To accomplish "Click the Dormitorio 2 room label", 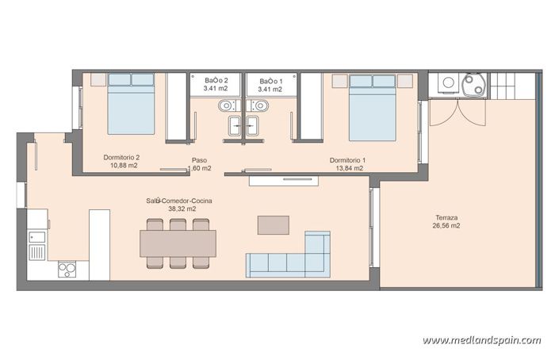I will [121, 157].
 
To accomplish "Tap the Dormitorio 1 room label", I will [347, 159].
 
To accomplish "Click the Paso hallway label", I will [200, 159].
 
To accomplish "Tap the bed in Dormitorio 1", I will [372, 106].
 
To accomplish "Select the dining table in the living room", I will [178, 243].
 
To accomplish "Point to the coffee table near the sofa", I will [273, 224].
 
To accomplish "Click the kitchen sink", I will [38, 251].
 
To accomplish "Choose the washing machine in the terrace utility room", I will [448, 83].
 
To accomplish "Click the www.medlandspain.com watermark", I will [481, 339].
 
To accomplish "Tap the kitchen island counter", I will [99, 244].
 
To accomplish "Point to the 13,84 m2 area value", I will [347, 168].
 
